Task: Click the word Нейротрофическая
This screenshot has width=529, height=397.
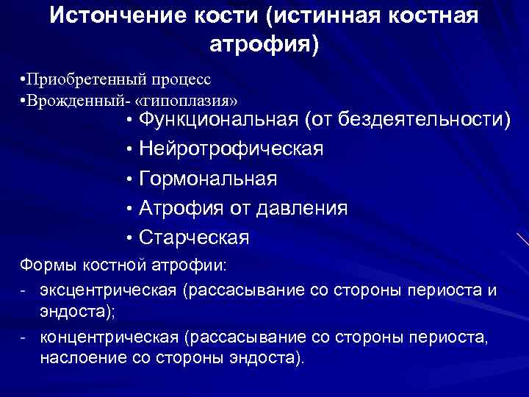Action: point(230,149)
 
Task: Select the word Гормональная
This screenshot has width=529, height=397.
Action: point(207,179)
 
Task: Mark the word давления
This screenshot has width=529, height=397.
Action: point(302,208)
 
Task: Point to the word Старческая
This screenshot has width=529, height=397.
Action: point(194,237)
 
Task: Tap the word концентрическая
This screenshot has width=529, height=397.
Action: point(109,337)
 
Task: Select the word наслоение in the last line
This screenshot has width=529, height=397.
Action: point(78,358)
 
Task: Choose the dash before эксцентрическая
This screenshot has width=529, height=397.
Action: point(24,290)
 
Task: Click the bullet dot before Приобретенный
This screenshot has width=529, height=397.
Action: point(24,79)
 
